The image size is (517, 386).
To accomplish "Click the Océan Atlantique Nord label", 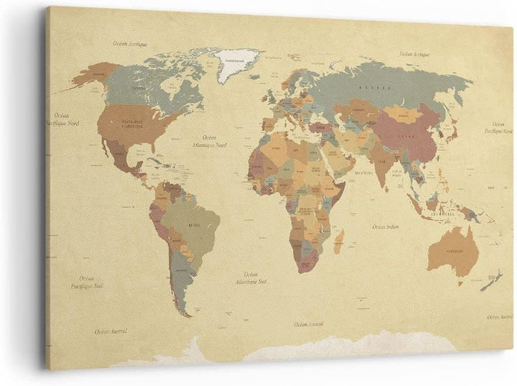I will coord(213,142).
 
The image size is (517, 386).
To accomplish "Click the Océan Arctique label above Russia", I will coord(414,54).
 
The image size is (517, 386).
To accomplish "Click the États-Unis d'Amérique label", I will coord(133,124).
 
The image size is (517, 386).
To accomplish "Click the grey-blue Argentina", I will coord(182,281).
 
